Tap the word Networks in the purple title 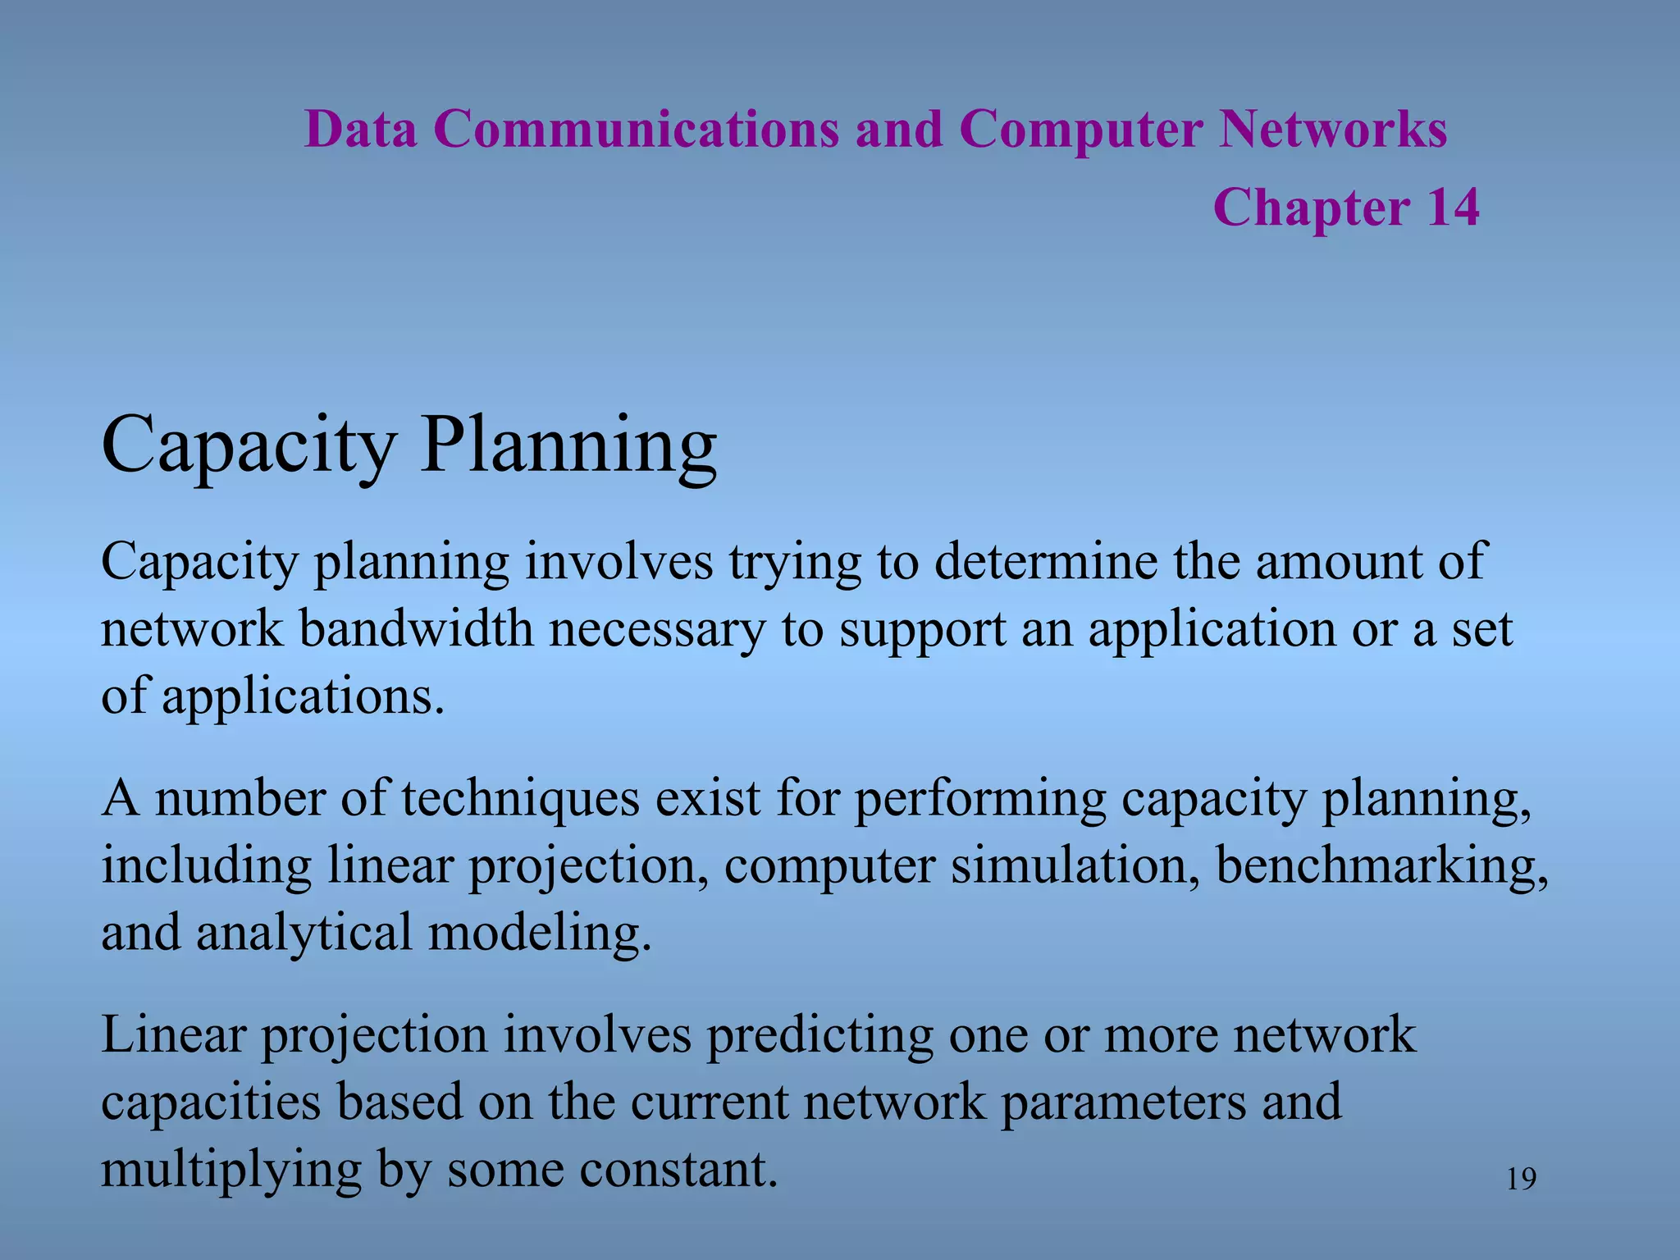(1333, 130)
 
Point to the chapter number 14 (1453, 207)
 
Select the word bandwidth (416, 629)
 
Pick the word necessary (656, 629)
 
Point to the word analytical (304, 933)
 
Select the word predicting (819, 1034)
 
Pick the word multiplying (231, 1170)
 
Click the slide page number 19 (1522, 1180)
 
